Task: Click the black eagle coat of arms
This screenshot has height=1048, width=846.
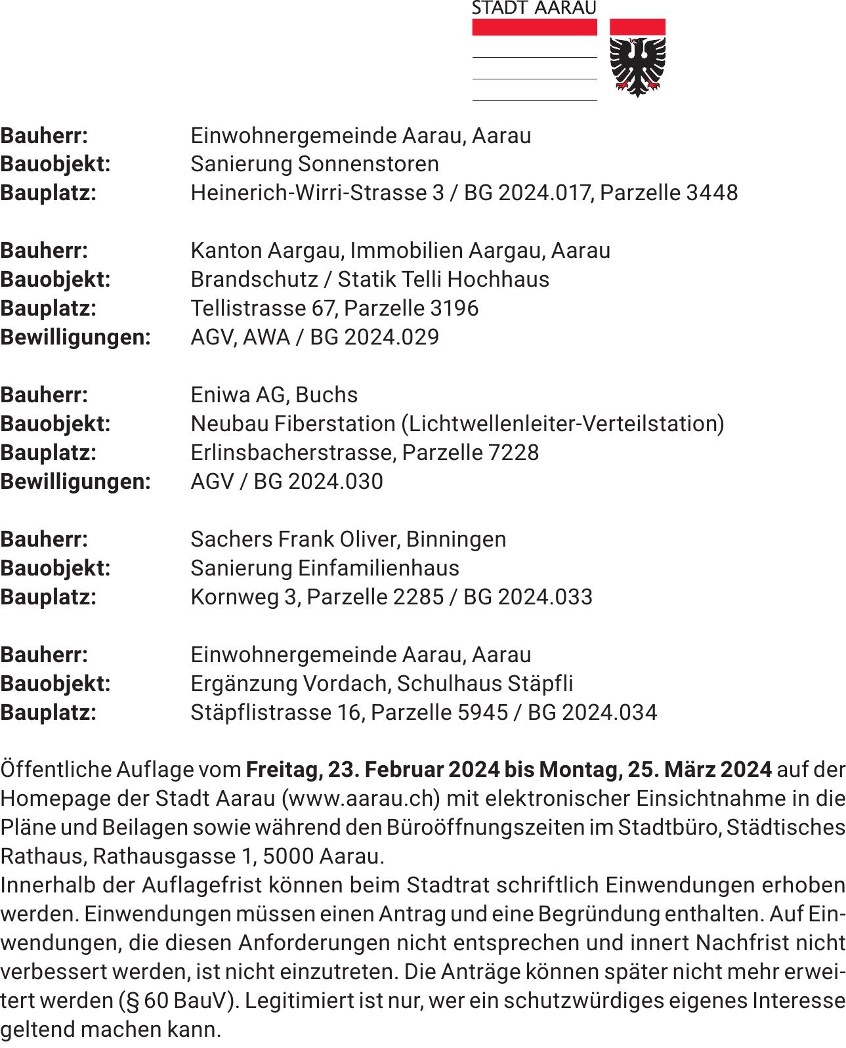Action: point(637,65)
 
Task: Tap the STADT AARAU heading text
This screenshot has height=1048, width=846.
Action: point(534,8)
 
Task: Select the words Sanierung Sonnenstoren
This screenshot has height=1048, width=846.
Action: point(314,164)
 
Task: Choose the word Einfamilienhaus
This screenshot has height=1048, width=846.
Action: point(379,568)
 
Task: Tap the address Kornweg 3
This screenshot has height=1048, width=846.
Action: point(244,597)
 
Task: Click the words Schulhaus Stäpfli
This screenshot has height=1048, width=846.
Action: point(485,684)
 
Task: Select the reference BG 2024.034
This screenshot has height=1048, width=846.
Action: point(592,713)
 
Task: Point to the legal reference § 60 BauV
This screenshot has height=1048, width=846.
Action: point(177,1001)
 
